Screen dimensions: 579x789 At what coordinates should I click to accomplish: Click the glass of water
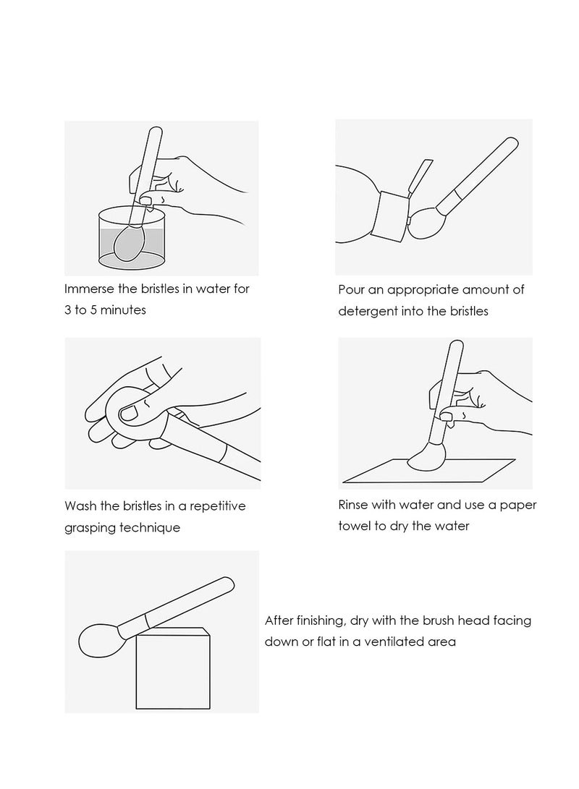pos(132,237)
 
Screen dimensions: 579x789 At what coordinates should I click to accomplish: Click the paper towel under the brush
pos(428,471)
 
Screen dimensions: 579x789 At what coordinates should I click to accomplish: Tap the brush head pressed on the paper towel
pos(427,457)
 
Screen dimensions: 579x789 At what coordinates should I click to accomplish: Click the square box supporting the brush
pos(173,668)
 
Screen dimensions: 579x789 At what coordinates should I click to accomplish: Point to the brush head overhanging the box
pos(98,640)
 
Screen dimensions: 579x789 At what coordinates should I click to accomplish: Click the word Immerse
pos(89,289)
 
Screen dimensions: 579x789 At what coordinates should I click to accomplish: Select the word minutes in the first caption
pos(123,310)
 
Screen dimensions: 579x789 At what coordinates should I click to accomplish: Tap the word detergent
pos(368,312)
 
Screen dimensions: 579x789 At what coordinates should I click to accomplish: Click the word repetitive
pos(218,507)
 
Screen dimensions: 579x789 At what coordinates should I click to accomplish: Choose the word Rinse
pos(353,505)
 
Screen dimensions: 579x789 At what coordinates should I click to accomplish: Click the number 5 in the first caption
pos(93,310)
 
